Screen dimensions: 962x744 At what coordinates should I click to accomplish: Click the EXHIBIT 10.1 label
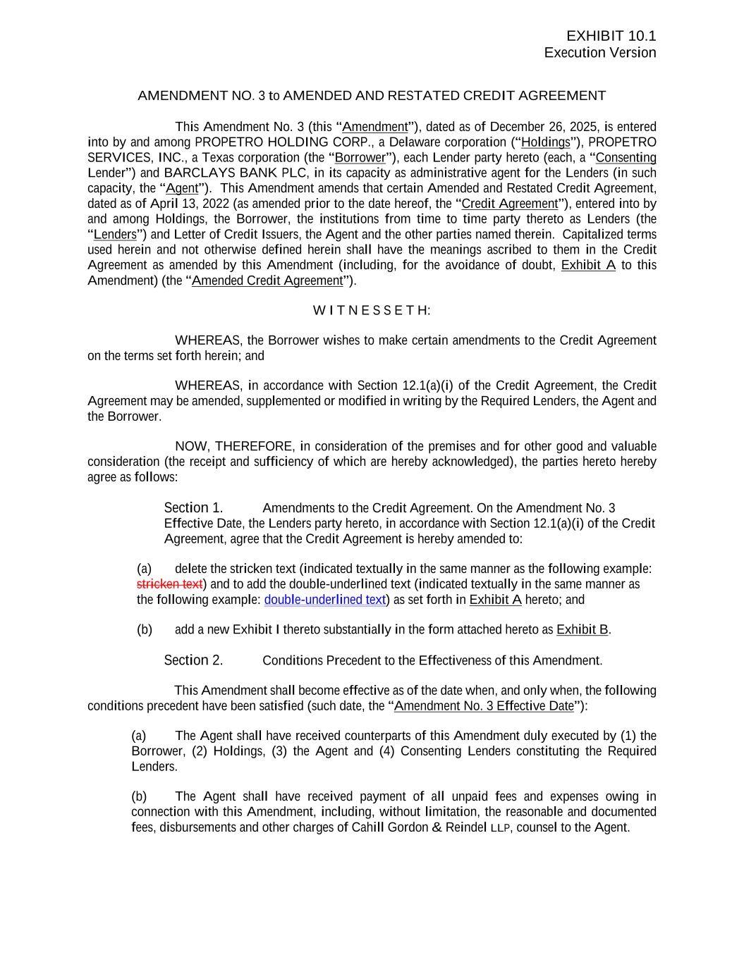[611, 37]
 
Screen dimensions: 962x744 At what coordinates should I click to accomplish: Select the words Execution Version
[599, 53]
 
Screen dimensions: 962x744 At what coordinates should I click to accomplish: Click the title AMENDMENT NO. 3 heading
[372, 96]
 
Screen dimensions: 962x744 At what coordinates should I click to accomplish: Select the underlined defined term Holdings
[545, 142]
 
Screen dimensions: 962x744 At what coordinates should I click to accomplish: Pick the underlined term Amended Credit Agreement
[267, 280]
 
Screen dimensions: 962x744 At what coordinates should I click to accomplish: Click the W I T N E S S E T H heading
[372, 311]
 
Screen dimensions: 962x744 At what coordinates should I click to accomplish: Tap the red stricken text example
[169, 584]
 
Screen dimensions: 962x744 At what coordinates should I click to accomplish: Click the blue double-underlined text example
[324, 600]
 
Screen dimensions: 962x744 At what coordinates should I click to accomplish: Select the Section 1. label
[193, 508]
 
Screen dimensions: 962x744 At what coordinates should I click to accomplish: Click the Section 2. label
[193, 660]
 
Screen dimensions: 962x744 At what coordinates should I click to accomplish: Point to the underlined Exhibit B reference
[582, 630]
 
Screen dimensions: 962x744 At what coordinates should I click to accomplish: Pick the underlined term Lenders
[115, 235]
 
